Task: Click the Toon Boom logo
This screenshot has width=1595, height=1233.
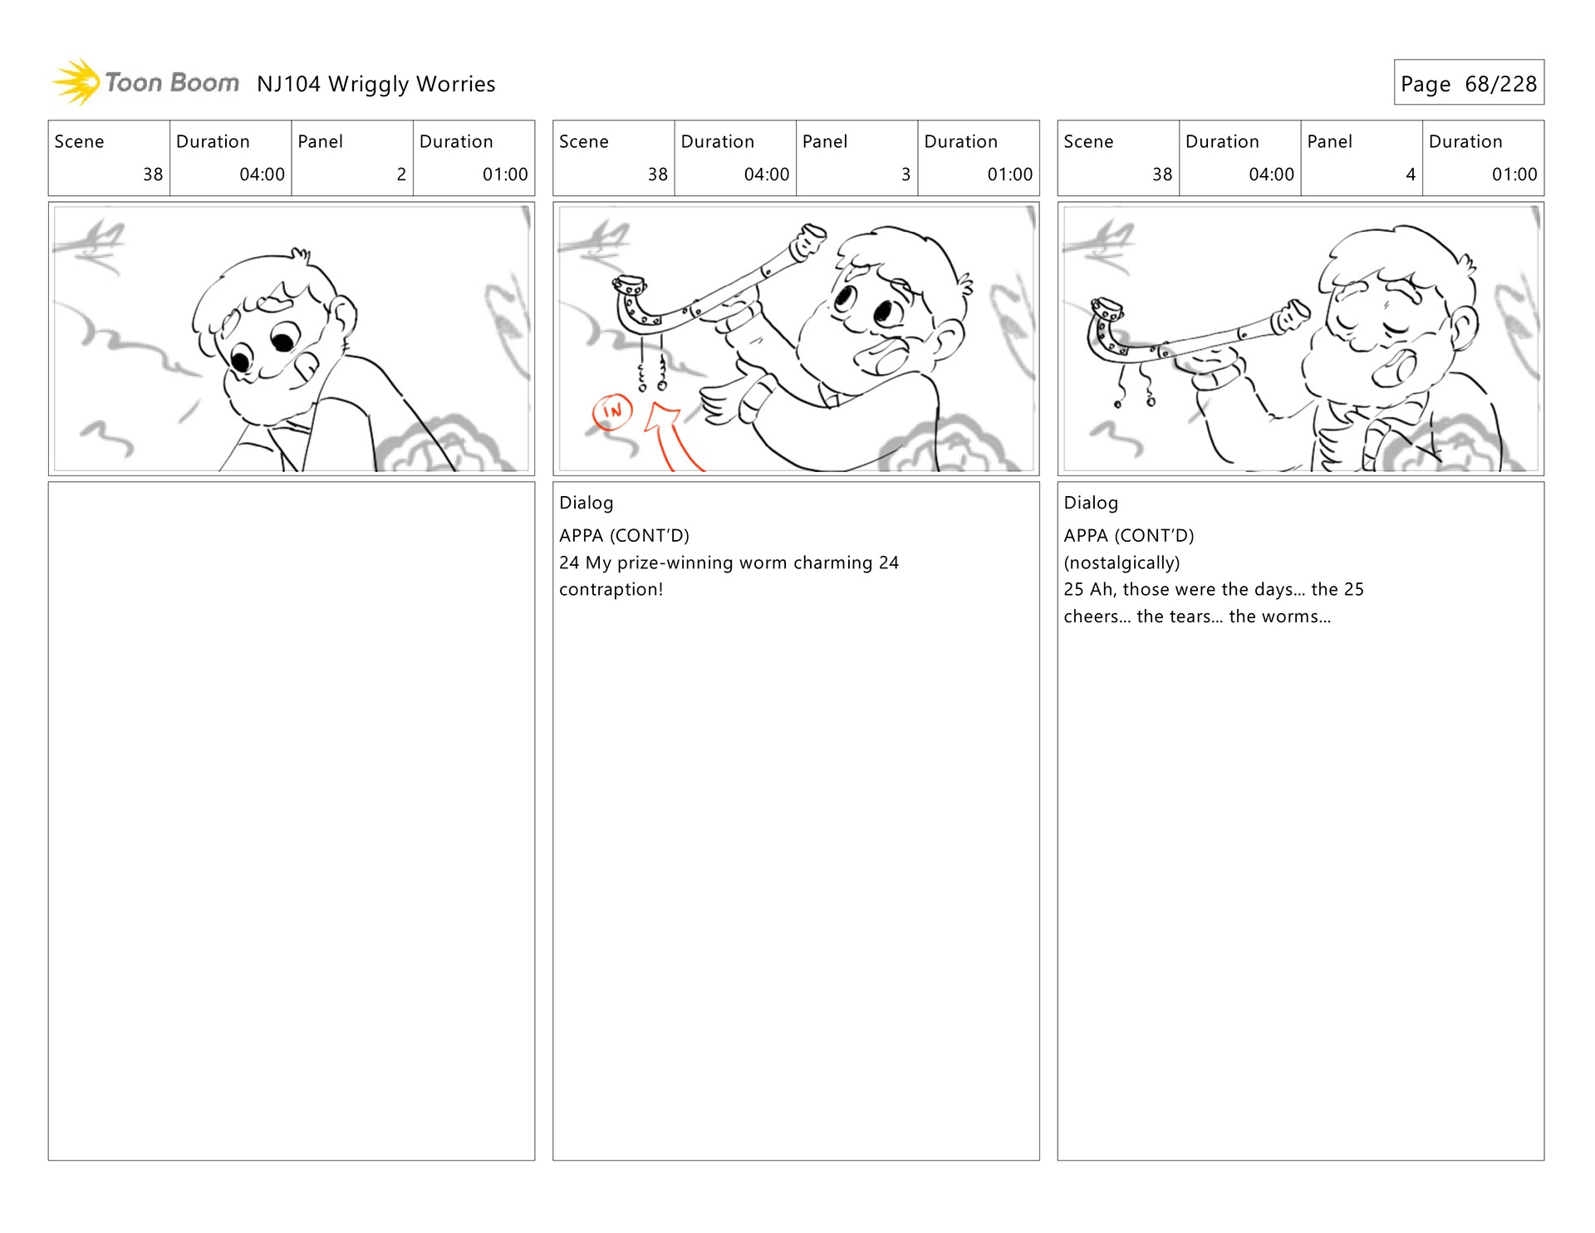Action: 145,82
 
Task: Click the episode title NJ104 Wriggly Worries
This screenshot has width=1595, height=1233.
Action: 375,84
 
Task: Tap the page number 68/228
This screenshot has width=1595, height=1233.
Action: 1500,84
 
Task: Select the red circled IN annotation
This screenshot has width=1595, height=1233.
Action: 612,411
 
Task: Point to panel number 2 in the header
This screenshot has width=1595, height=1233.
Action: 401,174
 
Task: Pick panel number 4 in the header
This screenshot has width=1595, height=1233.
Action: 1411,174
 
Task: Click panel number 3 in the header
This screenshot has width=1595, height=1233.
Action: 905,174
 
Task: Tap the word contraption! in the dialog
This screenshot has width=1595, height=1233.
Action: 611,589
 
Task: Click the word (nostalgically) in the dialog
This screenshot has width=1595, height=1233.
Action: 1121,562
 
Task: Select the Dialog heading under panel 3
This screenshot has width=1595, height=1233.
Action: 586,503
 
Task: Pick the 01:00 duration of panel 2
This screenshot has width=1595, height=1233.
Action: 505,174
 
